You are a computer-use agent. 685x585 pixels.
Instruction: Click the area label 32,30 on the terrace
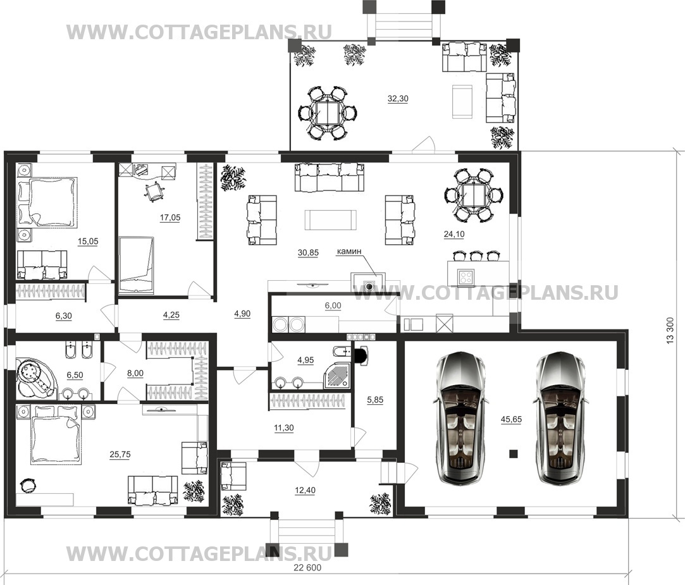(398, 99)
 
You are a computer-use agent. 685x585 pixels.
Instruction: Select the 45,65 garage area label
(511, 419)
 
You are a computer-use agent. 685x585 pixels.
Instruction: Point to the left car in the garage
(461, 418)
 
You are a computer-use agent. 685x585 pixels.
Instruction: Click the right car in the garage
(560, 418)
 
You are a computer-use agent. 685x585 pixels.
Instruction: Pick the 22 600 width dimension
(307, 567)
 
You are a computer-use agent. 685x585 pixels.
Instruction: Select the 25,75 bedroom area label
(120, 454)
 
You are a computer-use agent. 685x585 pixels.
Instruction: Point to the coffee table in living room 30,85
(331, 219)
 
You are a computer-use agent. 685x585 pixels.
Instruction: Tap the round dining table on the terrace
(328, 113)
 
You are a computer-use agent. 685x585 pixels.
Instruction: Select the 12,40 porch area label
(305, 490)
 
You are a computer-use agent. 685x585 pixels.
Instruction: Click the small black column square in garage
(514, 453)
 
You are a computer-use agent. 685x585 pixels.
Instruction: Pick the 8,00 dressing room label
(135, 373)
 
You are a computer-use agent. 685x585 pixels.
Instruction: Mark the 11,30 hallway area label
(283, 428)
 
